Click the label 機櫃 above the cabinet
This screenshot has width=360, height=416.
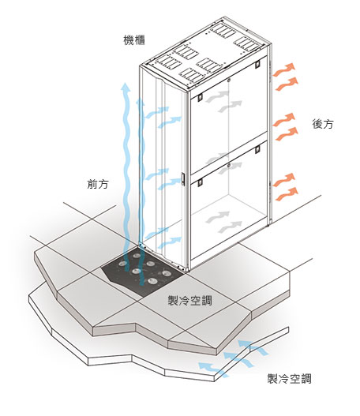point(134,39)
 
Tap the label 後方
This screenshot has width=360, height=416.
point(323,124)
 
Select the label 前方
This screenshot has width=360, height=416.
point(98,184)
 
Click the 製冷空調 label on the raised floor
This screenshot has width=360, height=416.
point(190,301)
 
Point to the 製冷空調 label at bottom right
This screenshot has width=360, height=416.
point(289,379)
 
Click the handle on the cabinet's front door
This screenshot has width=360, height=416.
point(183,178)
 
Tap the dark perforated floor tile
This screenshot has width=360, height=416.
point(142,272)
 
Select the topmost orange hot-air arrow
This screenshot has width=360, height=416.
point(284,69)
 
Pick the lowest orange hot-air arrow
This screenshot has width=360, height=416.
point(287,194)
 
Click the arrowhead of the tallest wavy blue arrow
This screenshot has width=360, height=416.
point(126,87)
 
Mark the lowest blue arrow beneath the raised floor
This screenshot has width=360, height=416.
point(212,369)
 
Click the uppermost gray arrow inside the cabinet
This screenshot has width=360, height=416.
point(218,97)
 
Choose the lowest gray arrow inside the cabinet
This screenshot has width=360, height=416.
point(231,227)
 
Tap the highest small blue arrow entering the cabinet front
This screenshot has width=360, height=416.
point(157,112)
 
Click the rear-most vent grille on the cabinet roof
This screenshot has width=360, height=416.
point(223,31)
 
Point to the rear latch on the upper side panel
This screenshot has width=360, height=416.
point(257,64)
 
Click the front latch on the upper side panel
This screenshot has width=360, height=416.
point(200,97)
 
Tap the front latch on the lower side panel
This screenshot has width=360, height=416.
point(200,182)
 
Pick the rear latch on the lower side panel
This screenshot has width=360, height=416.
point(257,149)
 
